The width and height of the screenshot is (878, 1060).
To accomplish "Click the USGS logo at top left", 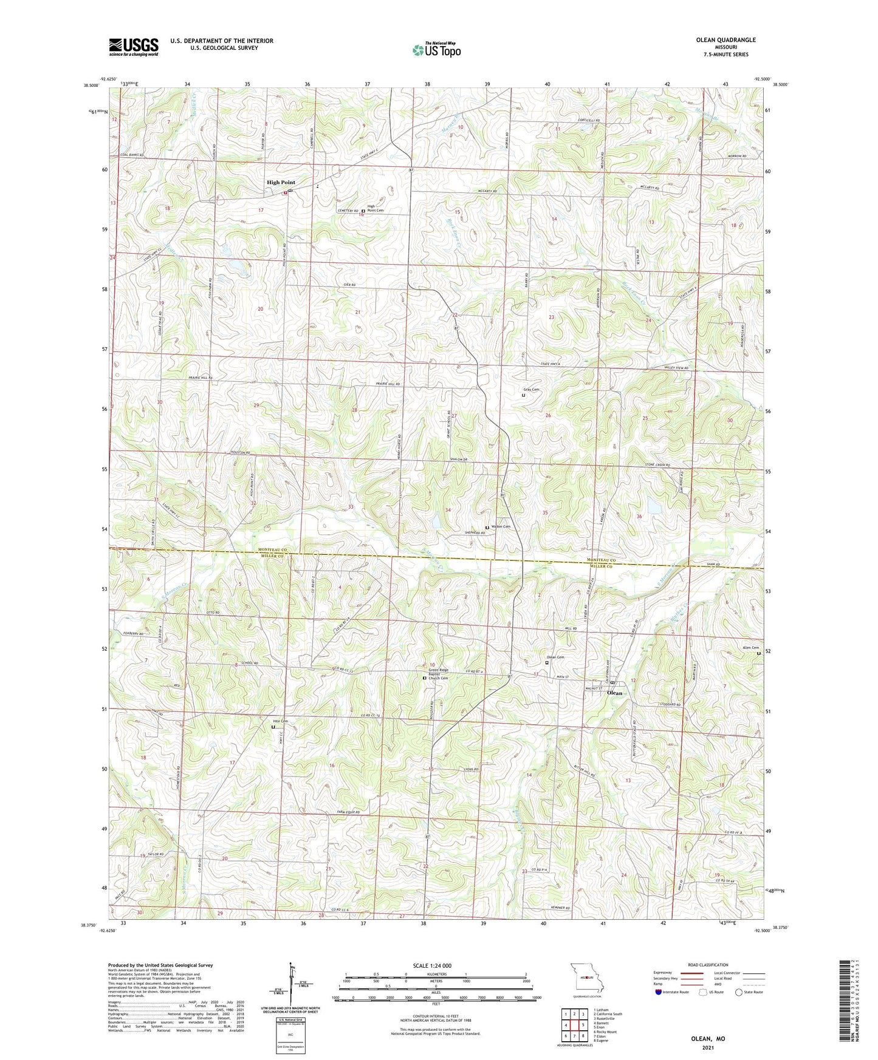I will click(x=134, y=46).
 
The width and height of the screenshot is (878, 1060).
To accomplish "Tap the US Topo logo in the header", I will click(x=436, y=50).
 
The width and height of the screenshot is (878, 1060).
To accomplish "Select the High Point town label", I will click(x=281, y=182).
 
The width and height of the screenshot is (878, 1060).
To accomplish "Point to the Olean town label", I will click(x=615, y=693).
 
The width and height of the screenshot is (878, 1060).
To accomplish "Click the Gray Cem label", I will click(x=532, y=390).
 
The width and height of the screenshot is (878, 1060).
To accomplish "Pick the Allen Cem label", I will click(x=751, y=648).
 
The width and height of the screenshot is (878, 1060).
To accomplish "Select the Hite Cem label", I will click(x=280, y=721).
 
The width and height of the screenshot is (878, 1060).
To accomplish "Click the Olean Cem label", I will click(x=555, y=657).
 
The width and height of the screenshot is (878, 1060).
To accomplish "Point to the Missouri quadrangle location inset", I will click(x=587, y=978).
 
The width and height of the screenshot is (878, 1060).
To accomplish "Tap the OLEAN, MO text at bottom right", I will click(x=708, y=1039).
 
